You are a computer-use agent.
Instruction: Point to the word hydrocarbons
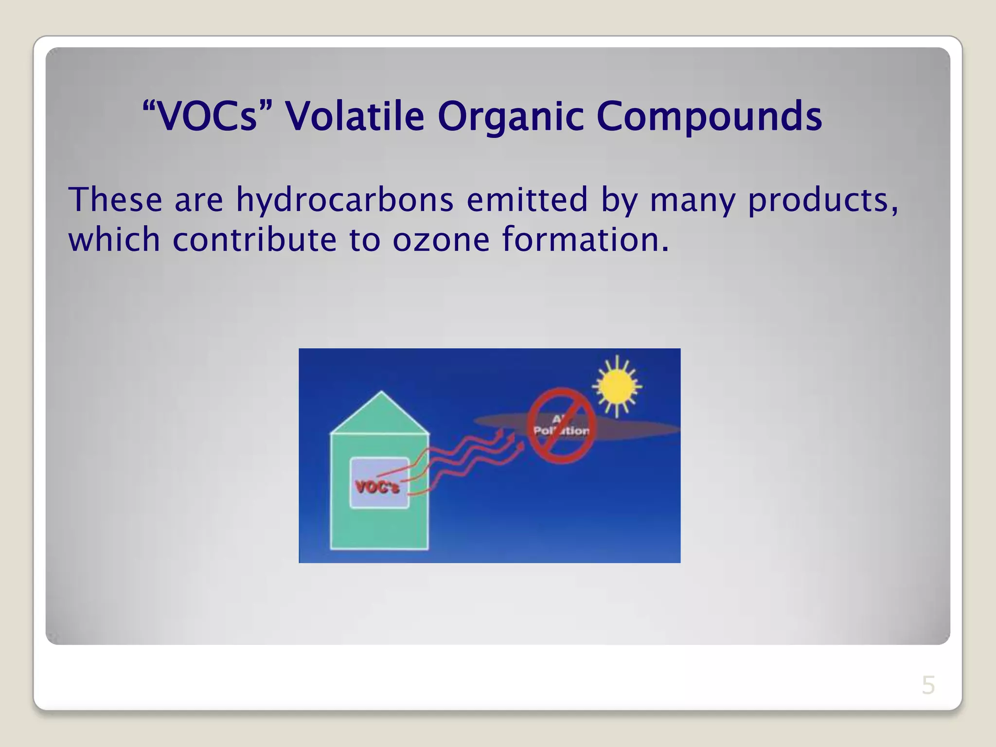point(345,200)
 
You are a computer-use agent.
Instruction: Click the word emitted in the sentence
point(527,200)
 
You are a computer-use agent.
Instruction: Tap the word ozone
point(441,240)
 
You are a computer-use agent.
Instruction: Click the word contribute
point(254,240)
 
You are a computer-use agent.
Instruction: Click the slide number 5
point(928,685)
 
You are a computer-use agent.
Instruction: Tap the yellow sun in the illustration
point(617,387)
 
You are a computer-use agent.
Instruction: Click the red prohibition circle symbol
point(562,426)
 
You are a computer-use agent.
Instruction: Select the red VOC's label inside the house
point(377,487)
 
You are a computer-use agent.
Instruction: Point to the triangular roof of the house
point(381,416)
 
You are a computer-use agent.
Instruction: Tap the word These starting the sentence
point(115,200)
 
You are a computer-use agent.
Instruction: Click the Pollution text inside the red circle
point(561,430)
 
